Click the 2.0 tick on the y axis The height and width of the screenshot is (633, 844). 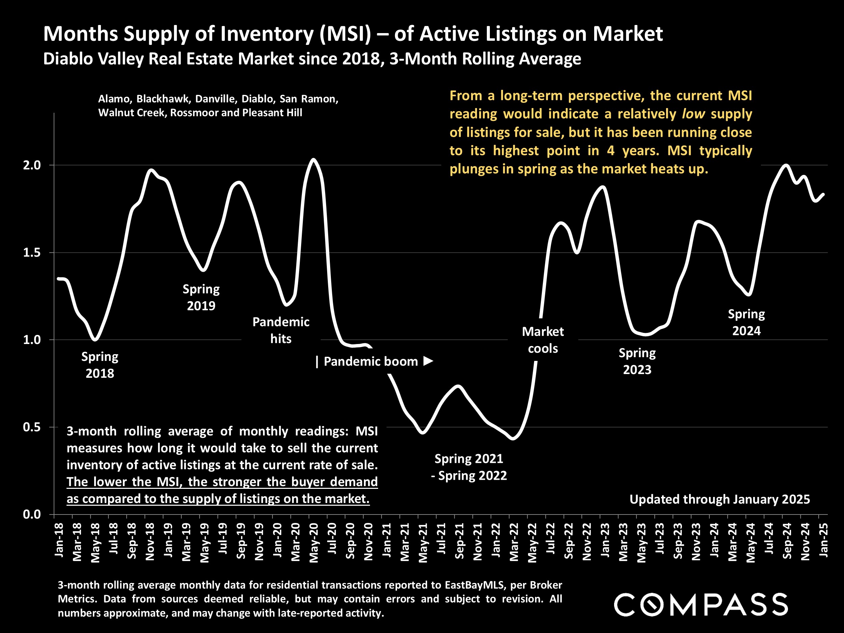32,165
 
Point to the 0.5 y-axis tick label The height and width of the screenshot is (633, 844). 32,427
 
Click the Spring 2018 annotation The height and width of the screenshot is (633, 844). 100,365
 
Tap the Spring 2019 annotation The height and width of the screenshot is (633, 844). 201,297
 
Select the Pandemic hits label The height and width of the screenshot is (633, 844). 281,330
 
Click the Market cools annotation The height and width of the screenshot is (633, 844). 543,340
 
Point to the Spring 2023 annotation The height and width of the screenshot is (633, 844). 637,361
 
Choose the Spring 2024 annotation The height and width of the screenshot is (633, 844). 746,322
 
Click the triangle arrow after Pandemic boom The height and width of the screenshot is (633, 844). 428,361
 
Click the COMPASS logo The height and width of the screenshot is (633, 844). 701,604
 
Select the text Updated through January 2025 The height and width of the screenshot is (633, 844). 719,499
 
